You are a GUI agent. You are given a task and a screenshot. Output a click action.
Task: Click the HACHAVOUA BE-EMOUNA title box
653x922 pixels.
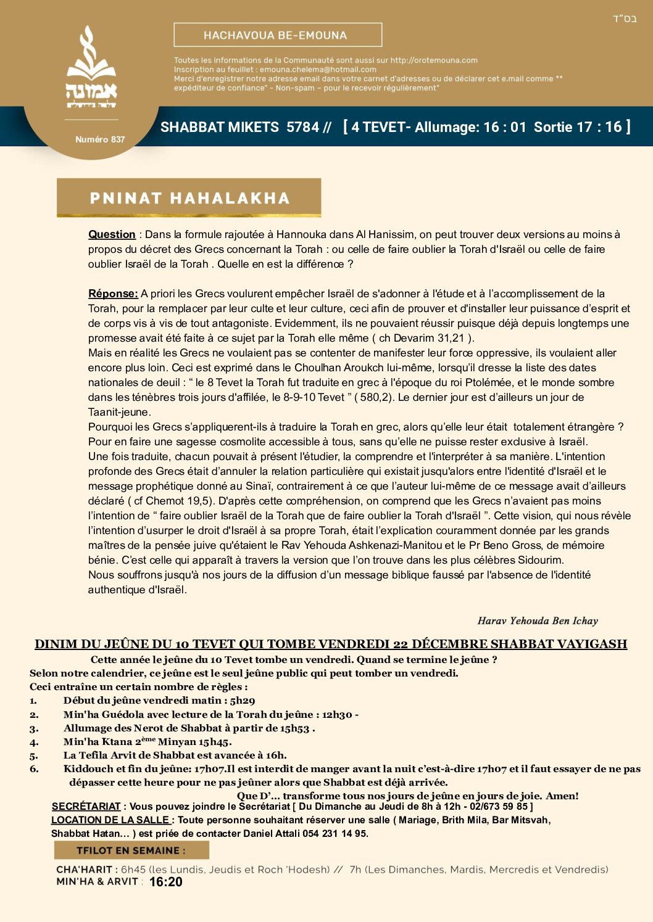click(x=278, y=35)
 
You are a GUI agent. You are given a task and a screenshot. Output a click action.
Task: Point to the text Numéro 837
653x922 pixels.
click(x=100, y=139)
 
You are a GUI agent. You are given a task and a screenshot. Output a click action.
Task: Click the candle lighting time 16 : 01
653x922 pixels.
click(x=504, y=127)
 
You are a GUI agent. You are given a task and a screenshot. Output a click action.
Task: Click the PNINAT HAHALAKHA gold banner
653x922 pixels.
click(x=189, y=198)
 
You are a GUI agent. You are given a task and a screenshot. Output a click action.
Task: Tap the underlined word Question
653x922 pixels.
click(x=112, y=234)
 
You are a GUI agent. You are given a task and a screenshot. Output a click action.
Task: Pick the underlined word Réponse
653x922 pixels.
click(x=112, y=294)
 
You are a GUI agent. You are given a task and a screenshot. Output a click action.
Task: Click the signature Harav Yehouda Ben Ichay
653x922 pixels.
click(x=538, y=620)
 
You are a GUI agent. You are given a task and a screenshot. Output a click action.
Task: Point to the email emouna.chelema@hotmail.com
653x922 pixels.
click(x=318, y=70)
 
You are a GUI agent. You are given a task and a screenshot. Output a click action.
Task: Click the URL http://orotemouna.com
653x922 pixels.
click(x=434, y=60)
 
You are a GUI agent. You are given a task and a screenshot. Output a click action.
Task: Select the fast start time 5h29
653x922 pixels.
click(x=243, y=701)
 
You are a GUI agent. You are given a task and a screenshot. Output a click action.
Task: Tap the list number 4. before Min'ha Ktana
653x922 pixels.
click(x=34, y=742)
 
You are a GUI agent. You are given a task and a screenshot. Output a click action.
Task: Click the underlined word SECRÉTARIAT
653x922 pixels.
click(x=86, y=806)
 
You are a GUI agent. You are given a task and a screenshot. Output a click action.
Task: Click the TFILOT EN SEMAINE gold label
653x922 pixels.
click(x=131, y=850)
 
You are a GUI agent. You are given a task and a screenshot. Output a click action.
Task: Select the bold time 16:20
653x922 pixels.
click(x=166, y=882)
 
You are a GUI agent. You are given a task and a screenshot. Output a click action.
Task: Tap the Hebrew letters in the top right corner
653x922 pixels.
click(x=625, y=19)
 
